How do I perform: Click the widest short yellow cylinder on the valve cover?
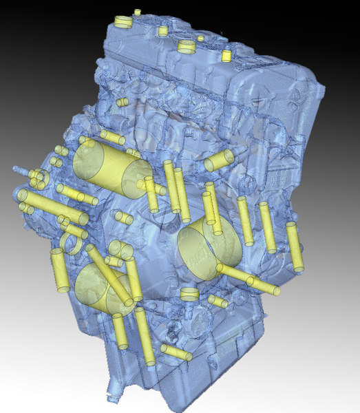coord(187,47)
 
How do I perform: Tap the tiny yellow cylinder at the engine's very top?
coord(137,12)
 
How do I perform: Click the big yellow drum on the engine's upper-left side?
coord(112,167)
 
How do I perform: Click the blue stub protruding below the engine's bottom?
coord(110,396)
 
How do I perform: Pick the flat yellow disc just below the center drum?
coord(187,294)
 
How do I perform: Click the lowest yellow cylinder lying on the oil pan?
coord(178,354)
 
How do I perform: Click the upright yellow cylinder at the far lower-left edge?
coord(59,271)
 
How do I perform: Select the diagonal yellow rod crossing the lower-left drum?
coord(110,275)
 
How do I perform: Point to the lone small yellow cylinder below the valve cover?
coord(122,102)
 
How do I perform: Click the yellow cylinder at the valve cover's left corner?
coord(123,21)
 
